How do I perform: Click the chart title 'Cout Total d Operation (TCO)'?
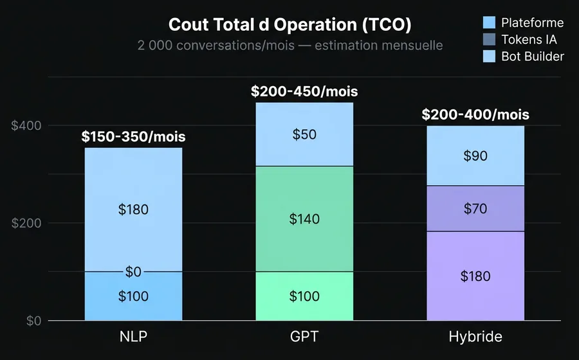pos(289,25)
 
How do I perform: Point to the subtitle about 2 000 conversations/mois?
pos(289,46)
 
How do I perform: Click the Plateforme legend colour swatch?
pos(490,23)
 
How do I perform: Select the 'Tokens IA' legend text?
pos(529,40)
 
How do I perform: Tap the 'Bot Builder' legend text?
pos(533,57)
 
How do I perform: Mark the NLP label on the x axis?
pos(133,337)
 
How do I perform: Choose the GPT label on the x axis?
pos(304,337)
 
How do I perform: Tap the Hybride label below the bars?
pos(475,337)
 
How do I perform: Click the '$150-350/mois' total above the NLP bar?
pos(134,137)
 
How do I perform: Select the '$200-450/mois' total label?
pos(304,91)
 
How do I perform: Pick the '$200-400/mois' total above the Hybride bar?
pos(475,115)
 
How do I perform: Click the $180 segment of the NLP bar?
pos(134,210)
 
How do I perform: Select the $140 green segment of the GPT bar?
pos(304,219)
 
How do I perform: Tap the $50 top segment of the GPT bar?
pos(304,134)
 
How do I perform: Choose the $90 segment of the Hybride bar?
pos(475,156)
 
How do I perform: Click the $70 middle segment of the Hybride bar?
pos(475,208)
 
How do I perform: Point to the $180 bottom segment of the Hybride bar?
pos(475,276)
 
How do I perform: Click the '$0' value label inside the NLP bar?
pos(133,272)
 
